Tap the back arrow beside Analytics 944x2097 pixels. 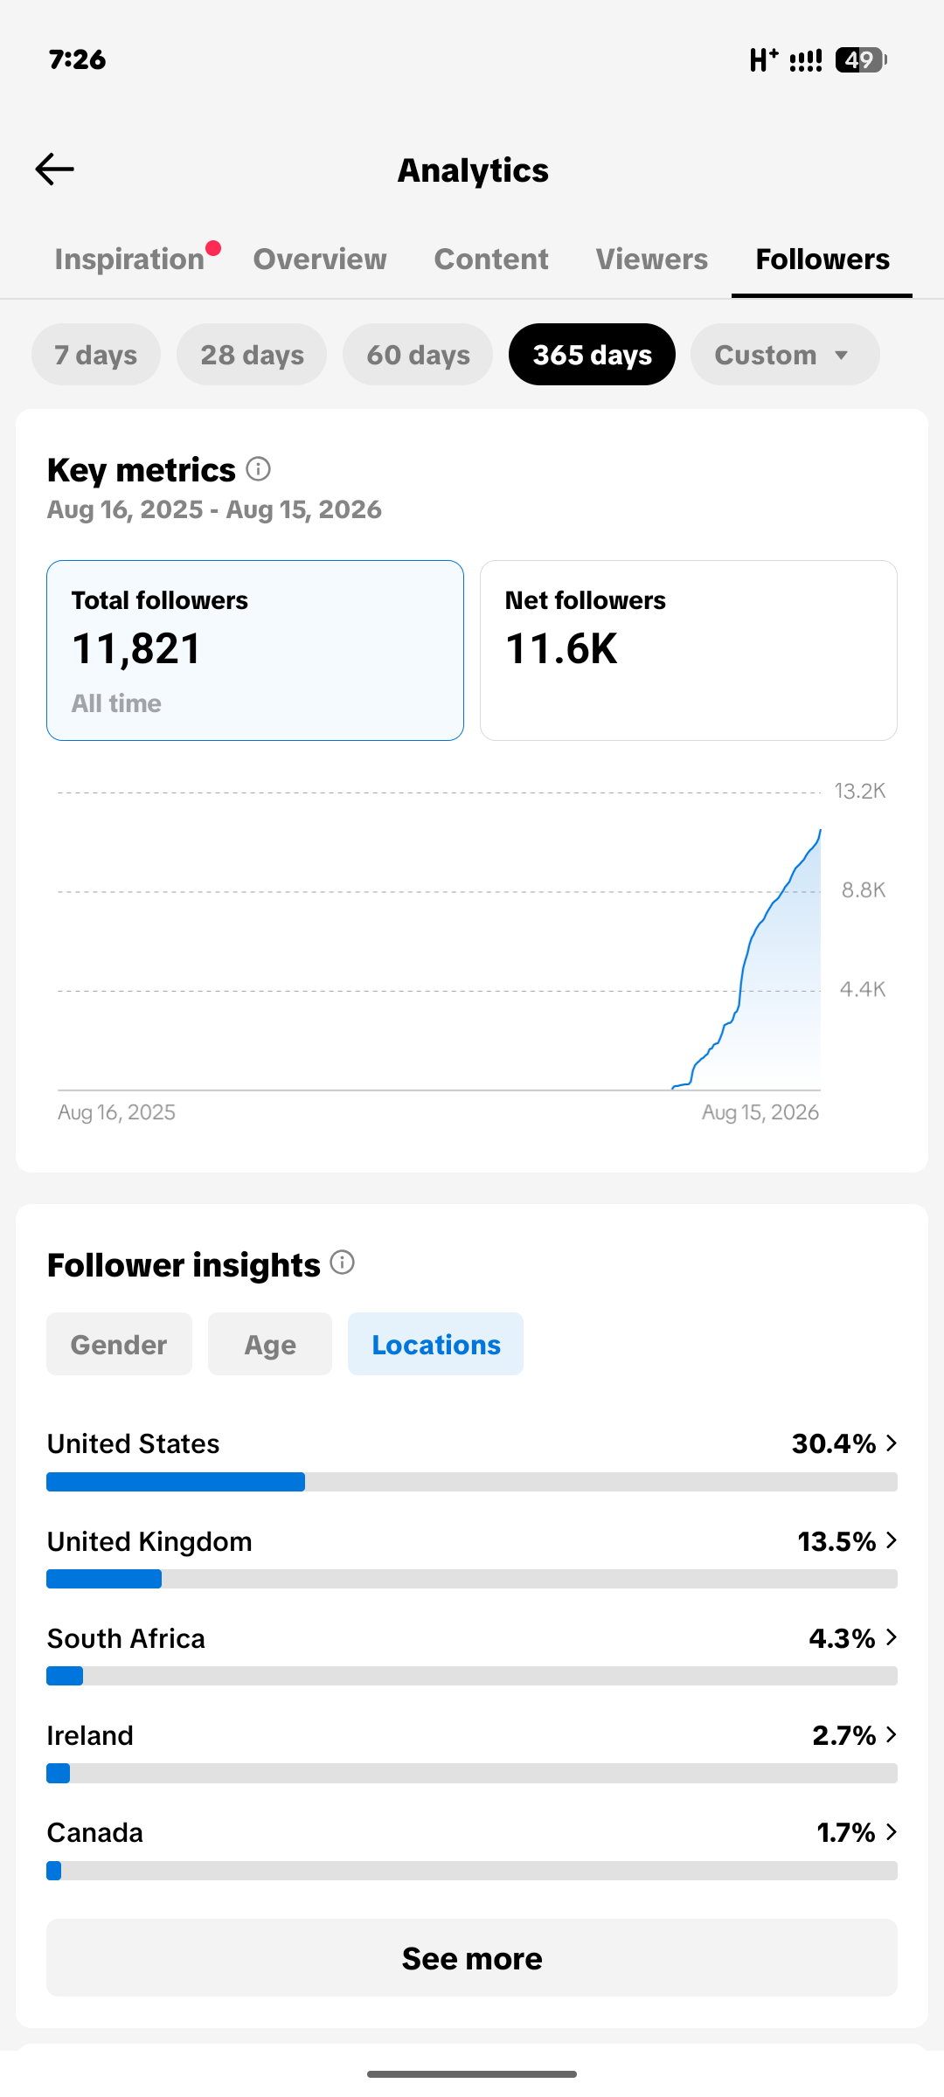pos(54,170)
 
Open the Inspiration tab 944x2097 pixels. pos(129,260)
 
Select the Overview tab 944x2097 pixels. pos(320,260)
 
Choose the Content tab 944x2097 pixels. pos(491,260)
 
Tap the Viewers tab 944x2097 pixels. pos(652,260)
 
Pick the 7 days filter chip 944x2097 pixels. pos(96,355)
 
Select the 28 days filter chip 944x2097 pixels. pos(252,355)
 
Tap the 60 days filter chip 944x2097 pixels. pos(418,355)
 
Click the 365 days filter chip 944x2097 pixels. pos(593,355)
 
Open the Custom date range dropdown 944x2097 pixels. pos(785,355)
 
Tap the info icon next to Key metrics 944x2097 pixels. pos(258,469)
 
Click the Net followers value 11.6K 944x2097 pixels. pos(561,649)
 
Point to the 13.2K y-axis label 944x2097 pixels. pos(860,792)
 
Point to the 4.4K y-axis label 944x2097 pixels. pos(863,989)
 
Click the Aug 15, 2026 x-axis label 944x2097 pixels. pos(760,1112)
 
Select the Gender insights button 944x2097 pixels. pos(119,1344)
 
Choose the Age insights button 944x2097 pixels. pos(270,1344)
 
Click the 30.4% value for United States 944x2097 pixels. pos(834,1443)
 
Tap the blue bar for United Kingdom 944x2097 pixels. pos(104,1579)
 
